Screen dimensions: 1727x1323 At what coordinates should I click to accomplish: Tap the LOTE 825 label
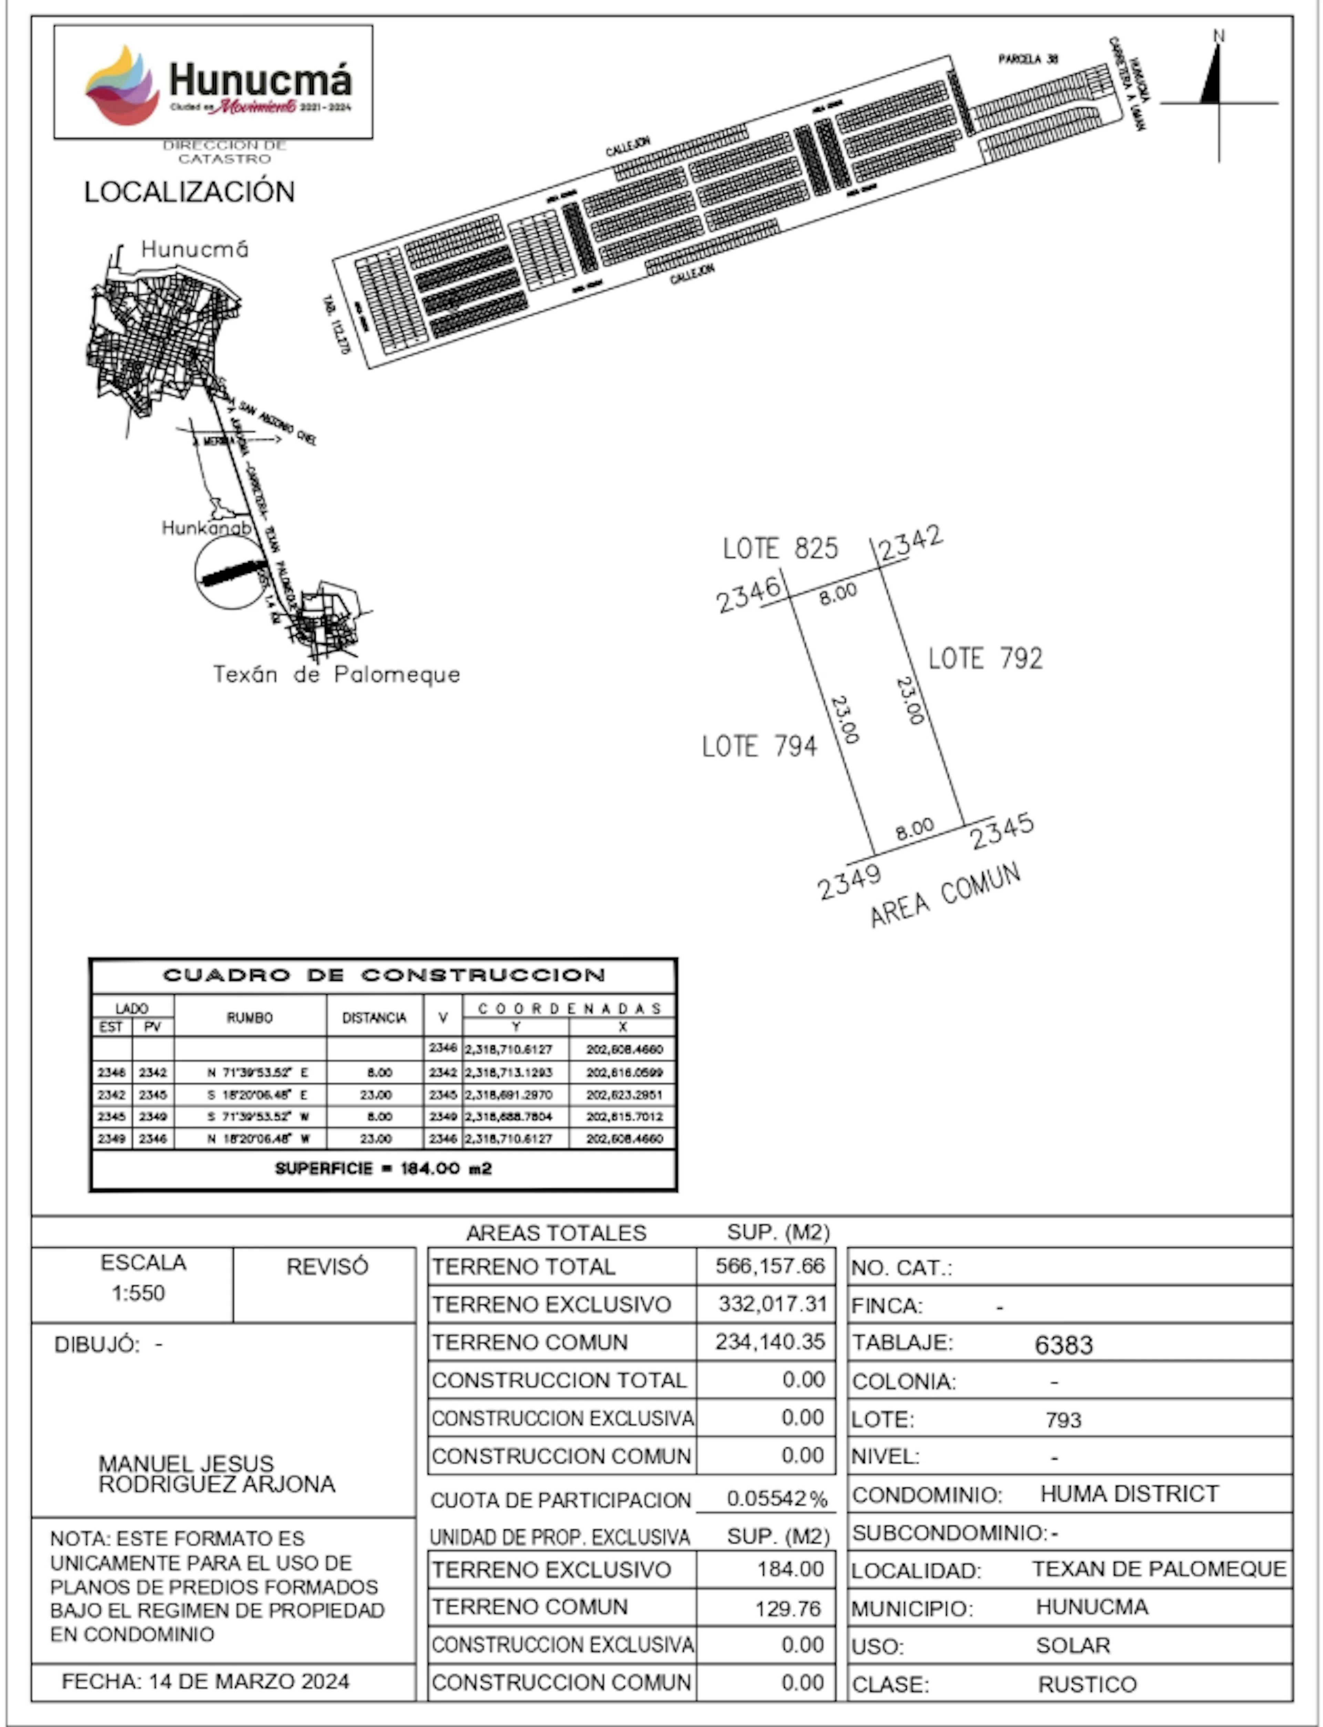click(x=780, y=548)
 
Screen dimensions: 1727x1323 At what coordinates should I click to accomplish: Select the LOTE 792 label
click(x=985, y=658)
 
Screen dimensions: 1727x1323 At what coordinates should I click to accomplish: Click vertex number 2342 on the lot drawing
click(x=910, y=542)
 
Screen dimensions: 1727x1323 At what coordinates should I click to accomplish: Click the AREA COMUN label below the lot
click(x=945, y=895)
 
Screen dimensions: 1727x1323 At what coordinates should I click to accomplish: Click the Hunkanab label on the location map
click(x=206, y=528)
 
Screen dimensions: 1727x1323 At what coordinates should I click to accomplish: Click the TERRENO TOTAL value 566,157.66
click(x=769, y=1266)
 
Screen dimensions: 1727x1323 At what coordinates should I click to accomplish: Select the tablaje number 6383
click(x=1063, y=1345)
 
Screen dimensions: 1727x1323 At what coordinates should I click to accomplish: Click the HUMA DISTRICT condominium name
click(x=1129, y=1494)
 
